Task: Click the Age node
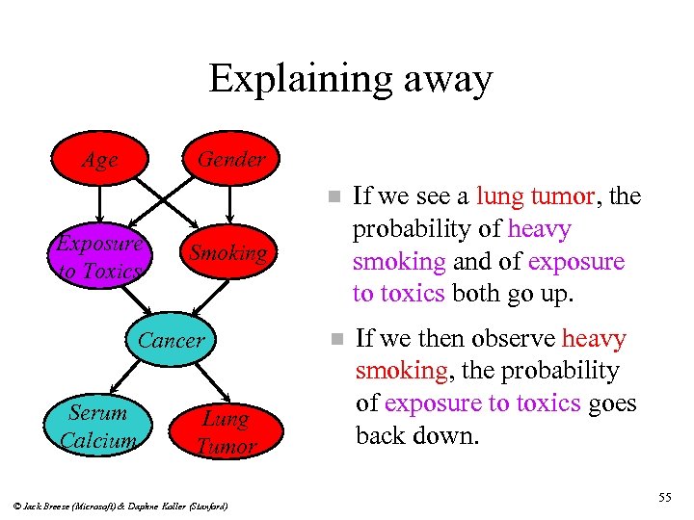coord(99,160)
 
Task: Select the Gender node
coord(230,159)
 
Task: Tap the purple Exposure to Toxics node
coord(98,257)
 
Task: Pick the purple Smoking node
coord(227,253)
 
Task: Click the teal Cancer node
coord(171,340)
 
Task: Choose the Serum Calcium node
coord(98,427)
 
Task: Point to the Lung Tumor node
coord(226,432)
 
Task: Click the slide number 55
coord(663,497)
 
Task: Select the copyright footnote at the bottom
coord(121,504)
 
